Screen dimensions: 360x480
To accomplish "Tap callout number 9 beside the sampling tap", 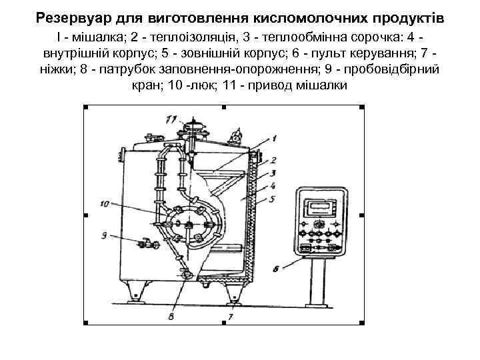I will [x=104, y=235].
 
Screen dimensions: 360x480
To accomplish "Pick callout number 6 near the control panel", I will [x=276, y=270].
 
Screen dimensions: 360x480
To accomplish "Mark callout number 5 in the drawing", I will [x=273, y=199].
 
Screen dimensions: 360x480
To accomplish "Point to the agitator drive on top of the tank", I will [x=195, y=127].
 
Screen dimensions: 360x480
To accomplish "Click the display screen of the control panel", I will [x=320, y=207].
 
